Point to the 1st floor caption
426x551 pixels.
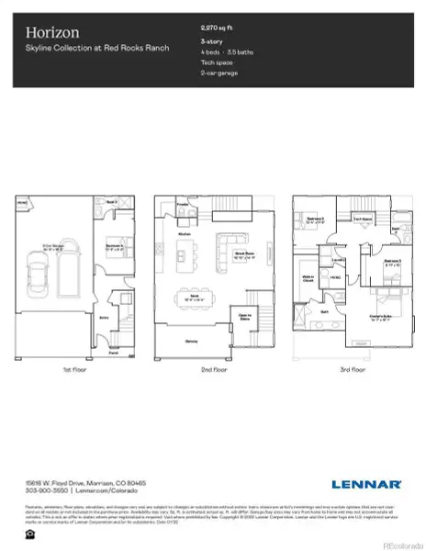[74, 370]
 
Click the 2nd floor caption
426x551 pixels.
[213, 370]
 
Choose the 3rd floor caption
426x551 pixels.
[351, 370]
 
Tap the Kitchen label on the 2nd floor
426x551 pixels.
[183, 234]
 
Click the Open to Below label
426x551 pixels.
[244, 318]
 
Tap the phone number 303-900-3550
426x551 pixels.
[42, 491]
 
